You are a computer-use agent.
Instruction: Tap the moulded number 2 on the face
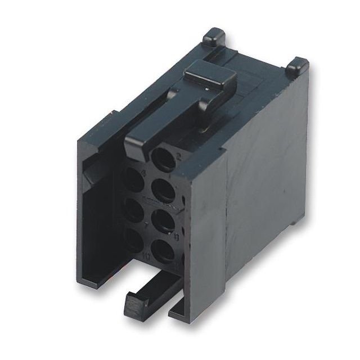(177, 157)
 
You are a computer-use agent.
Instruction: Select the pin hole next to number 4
(136, 181)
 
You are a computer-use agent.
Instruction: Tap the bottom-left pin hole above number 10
(133, 238)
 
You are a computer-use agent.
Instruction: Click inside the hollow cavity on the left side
(98, 214)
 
